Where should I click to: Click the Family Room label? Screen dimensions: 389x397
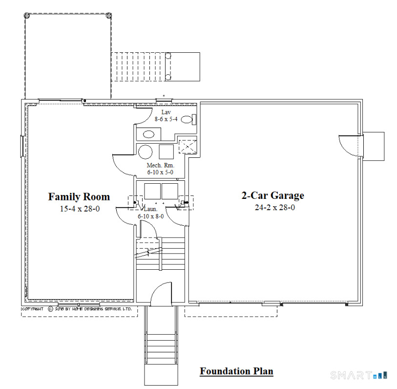coord(79,196)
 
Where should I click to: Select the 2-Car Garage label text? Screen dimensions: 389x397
coord(272,195)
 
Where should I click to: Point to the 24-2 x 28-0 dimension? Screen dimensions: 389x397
coord(273,207)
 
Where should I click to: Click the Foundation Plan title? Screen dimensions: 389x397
coord(236,371)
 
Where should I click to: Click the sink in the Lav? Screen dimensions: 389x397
coord(148,133)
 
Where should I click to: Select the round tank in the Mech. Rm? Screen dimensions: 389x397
coord(145,151)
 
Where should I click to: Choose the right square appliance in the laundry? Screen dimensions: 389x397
coord(169,191)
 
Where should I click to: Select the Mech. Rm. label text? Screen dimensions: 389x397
coord(159,166)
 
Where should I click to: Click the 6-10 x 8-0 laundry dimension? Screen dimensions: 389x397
coord(151,216)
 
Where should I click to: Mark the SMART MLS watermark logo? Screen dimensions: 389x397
coord(359,375)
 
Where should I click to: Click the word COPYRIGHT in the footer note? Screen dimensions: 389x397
coord(33,309)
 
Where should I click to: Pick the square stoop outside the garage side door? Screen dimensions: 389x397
coord(374,146)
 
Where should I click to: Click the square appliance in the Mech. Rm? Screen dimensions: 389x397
coord(167,151)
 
